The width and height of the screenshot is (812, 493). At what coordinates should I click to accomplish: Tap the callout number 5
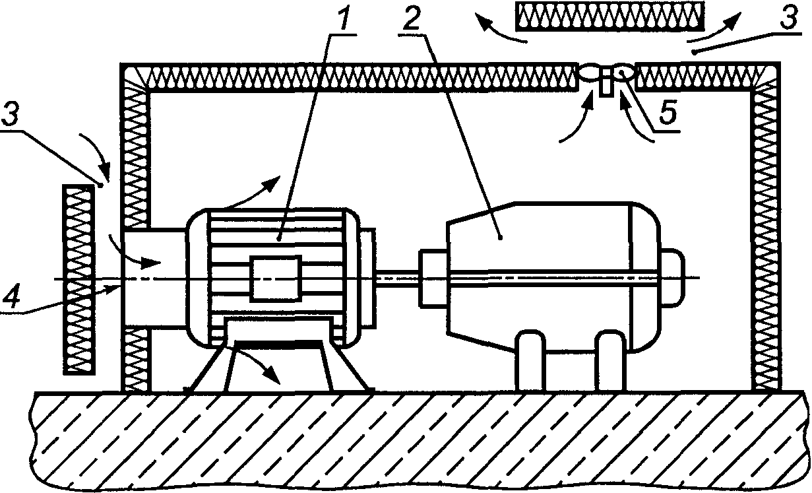coord(668,113)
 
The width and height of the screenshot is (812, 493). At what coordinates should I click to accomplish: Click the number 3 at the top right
coord(788,16)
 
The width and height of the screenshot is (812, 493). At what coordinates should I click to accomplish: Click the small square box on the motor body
coord(276,279)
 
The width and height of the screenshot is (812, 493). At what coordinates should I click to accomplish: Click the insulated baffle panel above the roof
coord(609,16)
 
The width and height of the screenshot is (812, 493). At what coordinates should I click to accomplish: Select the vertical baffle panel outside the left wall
coord(78,279)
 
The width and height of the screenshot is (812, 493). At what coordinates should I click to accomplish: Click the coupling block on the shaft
coord(433,279)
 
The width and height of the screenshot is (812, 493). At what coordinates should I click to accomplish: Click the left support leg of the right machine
coord(530,360)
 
